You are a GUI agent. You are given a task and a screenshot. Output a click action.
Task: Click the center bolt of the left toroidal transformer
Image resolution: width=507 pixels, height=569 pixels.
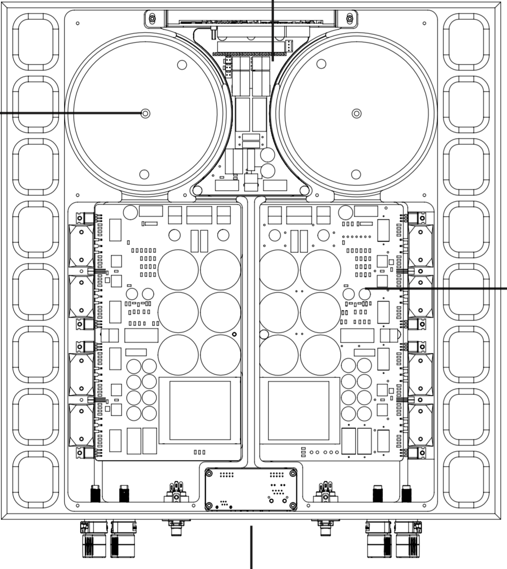coord(145,113)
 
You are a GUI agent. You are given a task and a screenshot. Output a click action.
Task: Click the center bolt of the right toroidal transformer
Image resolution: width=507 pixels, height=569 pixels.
coord(357,113)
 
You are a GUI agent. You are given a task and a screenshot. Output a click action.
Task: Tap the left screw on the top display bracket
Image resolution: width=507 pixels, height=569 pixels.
coord(152,19)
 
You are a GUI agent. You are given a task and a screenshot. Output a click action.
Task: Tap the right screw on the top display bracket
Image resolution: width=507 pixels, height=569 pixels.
coord(349,19)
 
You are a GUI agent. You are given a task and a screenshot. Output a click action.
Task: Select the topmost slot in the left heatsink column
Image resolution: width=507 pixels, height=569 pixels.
coord(35,42)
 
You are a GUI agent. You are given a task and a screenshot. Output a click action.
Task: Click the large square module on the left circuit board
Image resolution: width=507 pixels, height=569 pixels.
coord(200,410)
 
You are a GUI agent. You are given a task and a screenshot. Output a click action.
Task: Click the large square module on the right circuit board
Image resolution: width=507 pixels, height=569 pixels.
coord(298,410)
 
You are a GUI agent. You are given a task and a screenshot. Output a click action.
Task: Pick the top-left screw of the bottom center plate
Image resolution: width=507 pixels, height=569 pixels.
coord(210,473)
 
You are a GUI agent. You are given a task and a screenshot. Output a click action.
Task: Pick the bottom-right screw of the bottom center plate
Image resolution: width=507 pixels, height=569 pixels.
coord(293,506)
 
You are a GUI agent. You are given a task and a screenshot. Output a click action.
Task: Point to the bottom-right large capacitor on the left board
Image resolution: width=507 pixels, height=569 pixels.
coord(220,355)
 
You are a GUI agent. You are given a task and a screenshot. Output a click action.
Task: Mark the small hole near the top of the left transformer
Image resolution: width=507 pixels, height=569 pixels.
coord(182,65)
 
